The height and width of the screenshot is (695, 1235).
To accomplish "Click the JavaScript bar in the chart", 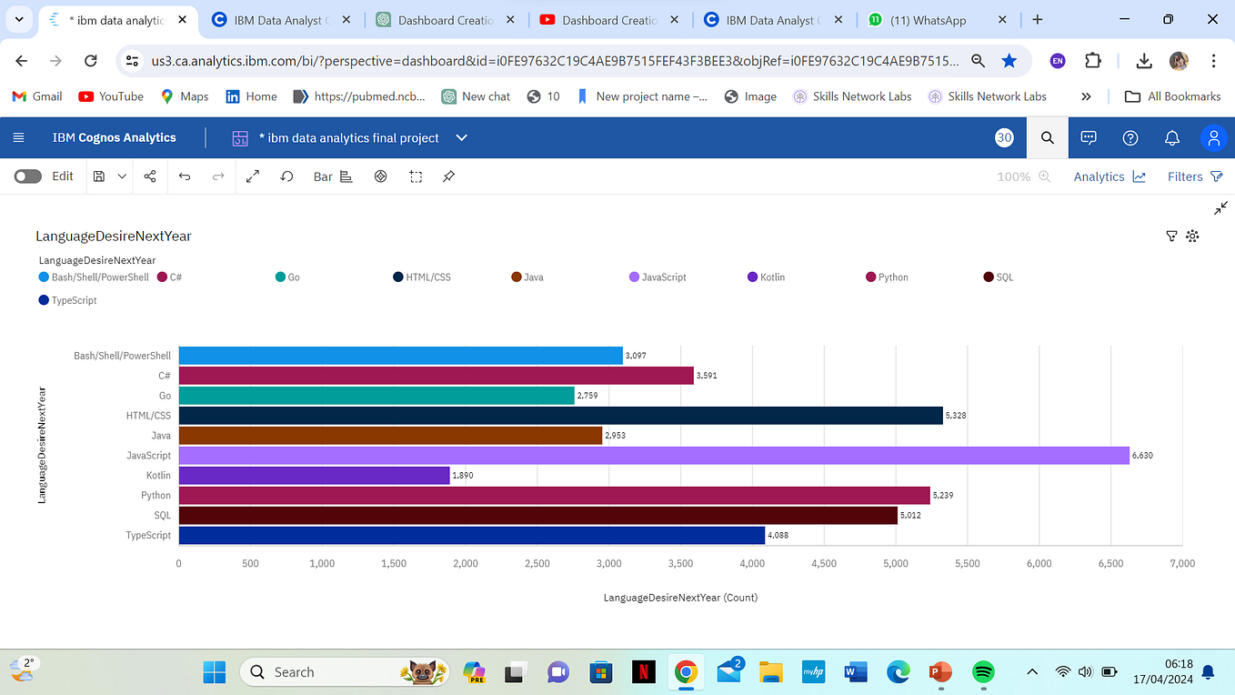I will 653,455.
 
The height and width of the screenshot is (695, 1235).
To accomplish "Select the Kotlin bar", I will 314,475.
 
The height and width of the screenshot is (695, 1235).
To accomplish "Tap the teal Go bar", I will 377,395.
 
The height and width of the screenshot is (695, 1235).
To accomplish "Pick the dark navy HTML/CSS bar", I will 560,415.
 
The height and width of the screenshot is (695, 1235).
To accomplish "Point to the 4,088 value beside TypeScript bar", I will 778,536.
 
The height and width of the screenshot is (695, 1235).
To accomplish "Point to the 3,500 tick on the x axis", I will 680,564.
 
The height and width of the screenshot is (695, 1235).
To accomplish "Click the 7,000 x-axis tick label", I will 1181,564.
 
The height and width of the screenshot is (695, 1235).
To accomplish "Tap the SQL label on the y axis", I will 162,516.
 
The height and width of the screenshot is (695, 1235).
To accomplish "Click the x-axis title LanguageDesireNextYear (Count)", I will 680,598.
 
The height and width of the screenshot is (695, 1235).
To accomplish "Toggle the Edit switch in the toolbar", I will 28,176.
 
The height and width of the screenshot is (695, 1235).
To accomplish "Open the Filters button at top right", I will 1194,176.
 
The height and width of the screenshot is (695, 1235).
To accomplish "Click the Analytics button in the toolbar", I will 1109,176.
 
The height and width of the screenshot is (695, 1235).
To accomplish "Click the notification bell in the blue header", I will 1172,138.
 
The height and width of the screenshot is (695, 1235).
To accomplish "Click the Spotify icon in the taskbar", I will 983,672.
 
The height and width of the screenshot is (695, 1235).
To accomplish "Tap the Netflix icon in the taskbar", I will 644,672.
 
